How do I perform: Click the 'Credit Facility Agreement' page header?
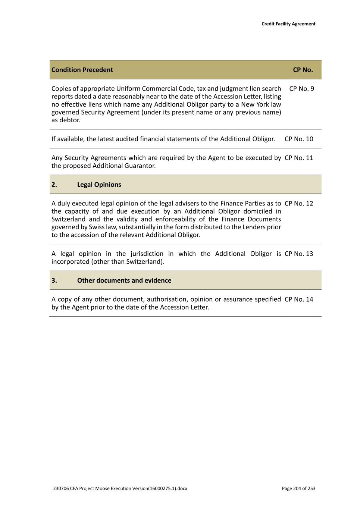pos(288,24)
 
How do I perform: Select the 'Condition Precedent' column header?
pos(82,70)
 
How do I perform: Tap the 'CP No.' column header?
pos(303,70)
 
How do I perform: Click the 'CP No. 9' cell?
pos(301,89)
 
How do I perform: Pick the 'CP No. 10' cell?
pos(299,139)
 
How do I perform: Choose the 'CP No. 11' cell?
pos(299,158)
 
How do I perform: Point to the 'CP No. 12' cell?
pos(299,204)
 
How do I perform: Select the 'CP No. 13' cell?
pos(299,254)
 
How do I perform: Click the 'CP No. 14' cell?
pos(299,299)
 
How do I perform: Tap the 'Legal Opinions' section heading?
pos(99,185)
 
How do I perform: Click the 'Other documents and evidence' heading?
pos(124,280)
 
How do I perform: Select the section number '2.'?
pos(54,185)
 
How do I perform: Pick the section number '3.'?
pos(54,280)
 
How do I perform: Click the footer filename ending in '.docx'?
pos(120,488)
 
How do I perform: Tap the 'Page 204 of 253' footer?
pos(298,488)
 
